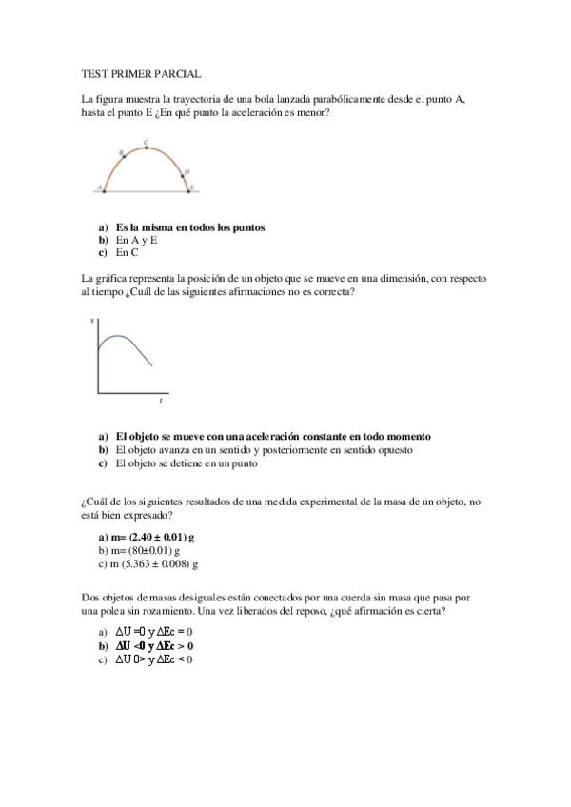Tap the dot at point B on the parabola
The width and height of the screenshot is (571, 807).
(x=123, y=155)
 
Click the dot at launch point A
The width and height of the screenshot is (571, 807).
(x=105, y=190)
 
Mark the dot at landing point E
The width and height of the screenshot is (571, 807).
(x=189, y=190)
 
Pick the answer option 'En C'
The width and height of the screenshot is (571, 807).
(x=127, y=254)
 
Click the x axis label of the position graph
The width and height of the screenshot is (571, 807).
(x=92, y=322)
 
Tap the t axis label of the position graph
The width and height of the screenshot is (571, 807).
(x=161, y=401)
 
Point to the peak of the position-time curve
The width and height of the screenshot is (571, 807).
(x=114, y=337)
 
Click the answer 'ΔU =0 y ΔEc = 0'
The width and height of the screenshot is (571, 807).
(x=154, y=631)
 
